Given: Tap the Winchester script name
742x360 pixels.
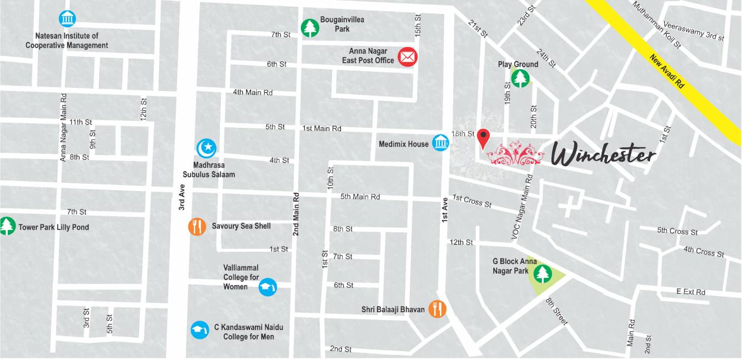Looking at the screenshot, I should click(x=604, y=154).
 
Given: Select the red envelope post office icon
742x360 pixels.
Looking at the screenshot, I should click(x=408, y=56).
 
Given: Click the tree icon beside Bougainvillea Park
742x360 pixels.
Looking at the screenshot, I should click(x=309, y=28).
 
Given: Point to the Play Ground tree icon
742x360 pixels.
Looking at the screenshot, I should click(x=520, y=78).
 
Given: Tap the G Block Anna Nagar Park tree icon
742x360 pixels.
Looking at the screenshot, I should click(x=542, y=273).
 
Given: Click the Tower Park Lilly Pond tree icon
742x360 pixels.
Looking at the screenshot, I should click(x=7, y=226).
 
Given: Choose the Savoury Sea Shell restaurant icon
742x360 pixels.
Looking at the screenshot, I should click(x=197, y=226).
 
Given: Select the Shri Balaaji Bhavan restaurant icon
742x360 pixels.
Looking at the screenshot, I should click(x=438, y=309).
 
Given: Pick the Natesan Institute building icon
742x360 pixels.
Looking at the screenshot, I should click(x=67, y=19).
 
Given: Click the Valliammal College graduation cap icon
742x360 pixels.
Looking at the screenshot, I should click(x=268, y=287).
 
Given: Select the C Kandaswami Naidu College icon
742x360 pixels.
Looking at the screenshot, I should click(x=200, y=330).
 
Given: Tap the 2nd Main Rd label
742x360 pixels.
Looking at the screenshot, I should click(x=296, y=214).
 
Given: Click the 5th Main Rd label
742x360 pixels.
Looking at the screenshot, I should click(x=360, y=197).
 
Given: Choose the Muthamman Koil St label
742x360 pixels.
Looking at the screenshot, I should click(x=656, y=24).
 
